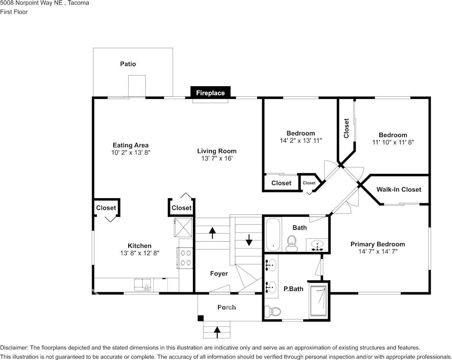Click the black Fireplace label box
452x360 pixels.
(x=210, y=92)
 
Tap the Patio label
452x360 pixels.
(x=128, y=64)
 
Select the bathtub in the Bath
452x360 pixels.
(x=272, y=235)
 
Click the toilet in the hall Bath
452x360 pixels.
(x=292, y=243)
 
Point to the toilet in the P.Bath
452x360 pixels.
(x=272, y=312)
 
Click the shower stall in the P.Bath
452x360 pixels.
(x=318, y=300)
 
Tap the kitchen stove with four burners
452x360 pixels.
(x=186, y=257)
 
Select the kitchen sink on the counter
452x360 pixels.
(x=143, y=285)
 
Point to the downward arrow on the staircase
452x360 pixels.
(x=249, y=240)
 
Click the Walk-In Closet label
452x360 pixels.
(x=399, y=189)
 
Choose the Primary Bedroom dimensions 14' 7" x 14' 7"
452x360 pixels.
(x=377, y=252)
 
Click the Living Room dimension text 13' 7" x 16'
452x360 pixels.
(x=216, y=158)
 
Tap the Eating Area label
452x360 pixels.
(x=131, y=145)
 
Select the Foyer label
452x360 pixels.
(x=219, y=273)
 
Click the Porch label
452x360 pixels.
(x=226, y=307)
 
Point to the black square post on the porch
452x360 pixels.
(x=201, y=319)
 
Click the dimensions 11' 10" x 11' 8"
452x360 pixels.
(x=393, y=142)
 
